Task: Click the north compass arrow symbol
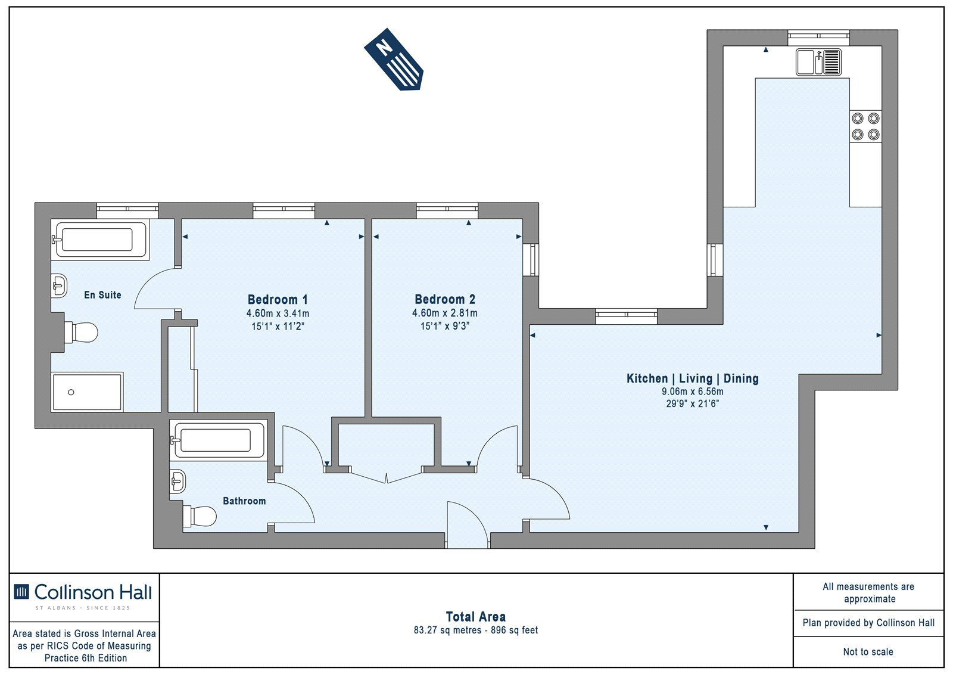click(x=394, y=59)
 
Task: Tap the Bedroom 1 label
click(x=278, y=299)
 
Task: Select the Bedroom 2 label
click(x=445, y=299)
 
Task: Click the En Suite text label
click(x=102, y=294)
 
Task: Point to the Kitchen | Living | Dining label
click(x=693, y=378)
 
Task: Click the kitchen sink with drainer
click(x=818, y=62)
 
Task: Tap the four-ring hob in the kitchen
click(x=866, y=126)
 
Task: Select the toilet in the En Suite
click(x=81, y=332)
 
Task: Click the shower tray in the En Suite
click(x=87, y=392)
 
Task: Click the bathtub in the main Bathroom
click(x=219, y=440)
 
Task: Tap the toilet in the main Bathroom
click(x=199, y=516)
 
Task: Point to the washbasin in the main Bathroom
click(x=177, y=481)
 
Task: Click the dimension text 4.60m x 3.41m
click(x=278, y=313)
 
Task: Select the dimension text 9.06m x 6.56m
click(x=693, y=392)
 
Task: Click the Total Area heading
click(x=476, y=617)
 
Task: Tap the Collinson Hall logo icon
click(x=21, y=591)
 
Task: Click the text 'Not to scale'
click(x=868, y=651)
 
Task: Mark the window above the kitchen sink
click(x=818, y=38)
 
